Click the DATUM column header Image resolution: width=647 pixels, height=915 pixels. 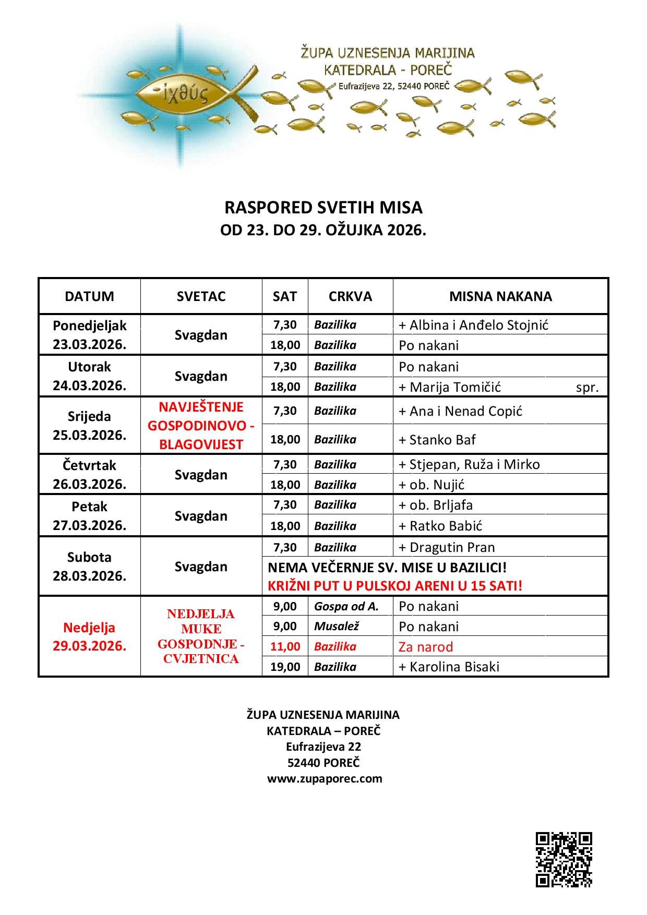(89, 296)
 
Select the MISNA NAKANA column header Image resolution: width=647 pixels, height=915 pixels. (500, 296)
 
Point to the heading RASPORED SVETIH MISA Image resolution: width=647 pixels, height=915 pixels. (323, 208)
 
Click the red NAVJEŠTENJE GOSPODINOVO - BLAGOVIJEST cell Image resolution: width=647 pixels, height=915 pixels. (201, 426)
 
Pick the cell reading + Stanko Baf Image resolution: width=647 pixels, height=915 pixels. (437, 440)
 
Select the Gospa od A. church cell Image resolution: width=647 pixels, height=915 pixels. (346, 606)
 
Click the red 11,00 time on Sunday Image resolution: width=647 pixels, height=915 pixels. (285, 646)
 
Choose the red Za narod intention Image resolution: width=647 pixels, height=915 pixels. (426, 647)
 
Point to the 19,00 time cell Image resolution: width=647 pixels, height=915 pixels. (285, 667)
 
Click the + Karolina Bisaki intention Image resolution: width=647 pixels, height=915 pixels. (449, 667)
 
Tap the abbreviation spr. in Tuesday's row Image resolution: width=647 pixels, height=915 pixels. (587, 388)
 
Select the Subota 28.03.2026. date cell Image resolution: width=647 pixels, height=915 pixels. (89, 567)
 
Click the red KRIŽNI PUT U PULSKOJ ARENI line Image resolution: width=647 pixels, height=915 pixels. (395, 586)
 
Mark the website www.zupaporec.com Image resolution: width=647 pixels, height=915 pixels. (325, 778)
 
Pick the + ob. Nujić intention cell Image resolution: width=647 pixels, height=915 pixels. (432, 485)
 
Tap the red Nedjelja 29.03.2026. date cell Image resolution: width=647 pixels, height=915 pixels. (89, 636)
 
